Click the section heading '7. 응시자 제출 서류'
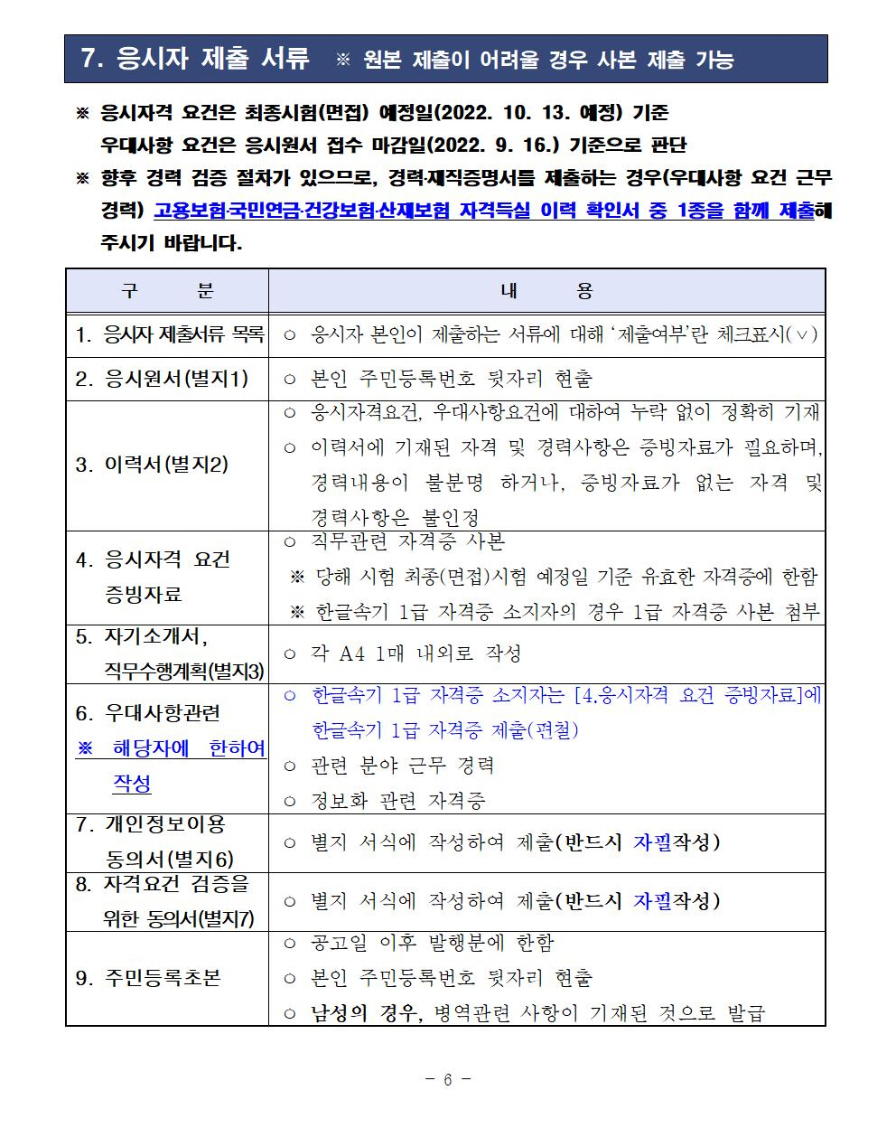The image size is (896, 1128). click(194, 59)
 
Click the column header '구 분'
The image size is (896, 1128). click(167, 291)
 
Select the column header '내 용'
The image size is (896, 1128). click(546, 291)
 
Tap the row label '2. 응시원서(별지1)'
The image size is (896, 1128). click(162, 379)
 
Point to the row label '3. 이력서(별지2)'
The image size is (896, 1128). click(152, 465)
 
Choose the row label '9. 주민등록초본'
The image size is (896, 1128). click(148, 978)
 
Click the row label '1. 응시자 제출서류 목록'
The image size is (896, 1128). click(169, 334)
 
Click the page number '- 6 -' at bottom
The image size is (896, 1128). click(448, 1079)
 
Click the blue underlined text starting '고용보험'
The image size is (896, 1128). click(483, 211)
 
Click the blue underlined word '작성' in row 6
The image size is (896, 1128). click(132, 784)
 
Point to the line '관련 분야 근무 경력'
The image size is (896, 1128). click(402, 766)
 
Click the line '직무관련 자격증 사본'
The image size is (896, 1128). click(407, 541)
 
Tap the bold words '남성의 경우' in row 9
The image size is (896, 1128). click(364, 1013)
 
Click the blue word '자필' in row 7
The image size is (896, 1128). click(651, 842)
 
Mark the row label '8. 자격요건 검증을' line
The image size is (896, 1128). click(162, 884)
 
